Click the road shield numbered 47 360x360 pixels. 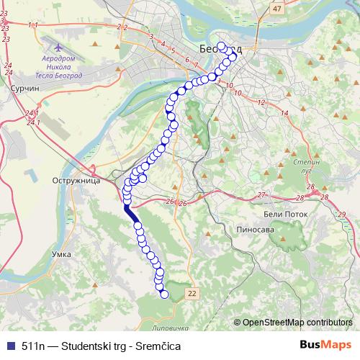click(277, 7)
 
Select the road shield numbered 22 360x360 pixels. click(191, 293)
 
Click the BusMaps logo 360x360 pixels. click(326, 345)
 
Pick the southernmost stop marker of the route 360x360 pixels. click(164, 294)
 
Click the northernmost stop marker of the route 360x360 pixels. click(221, 47)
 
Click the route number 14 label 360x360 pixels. click(284, 114)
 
